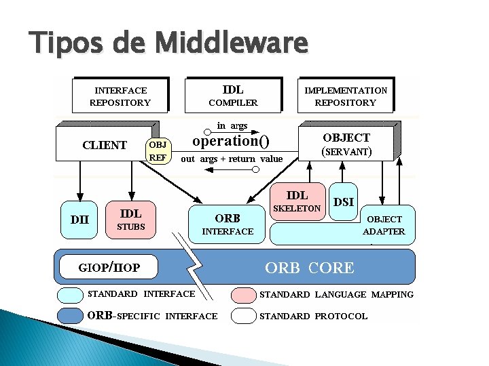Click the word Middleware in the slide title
click(x=232, y=43)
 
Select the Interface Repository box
click(x=120, y=96)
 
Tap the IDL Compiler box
click(x=233, y=96)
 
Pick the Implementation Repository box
click(x=346, y=96)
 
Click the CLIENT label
click(x=104, y=144)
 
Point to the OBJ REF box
click(x=158, y=150)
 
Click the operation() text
click(x=231, y=141)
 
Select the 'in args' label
click(x=232, y=125)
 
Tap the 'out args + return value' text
click(x=232, y=159)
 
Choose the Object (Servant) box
click(x=346, y=144)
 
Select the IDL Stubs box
click(x=131, y=220)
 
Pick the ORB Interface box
click(x=228, y=224)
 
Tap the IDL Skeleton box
click(x=296, y=201)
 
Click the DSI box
click(x=344, y=202)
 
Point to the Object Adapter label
click(x=384, y=225)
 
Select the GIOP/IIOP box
click(x=109, y=267)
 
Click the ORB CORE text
click(x=309, y=268)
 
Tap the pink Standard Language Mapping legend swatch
click(x=242, y=295)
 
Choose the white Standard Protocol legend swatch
click(x=242, y=316)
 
